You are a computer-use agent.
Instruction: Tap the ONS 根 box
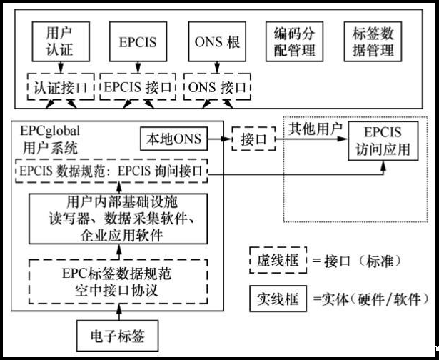pos(217,42)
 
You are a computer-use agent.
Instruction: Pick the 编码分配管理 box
pos(295,42)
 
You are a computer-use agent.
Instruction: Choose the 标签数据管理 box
pos(373,42)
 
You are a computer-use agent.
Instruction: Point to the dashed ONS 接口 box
pos(217,88)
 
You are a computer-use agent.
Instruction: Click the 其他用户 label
pos(315,129)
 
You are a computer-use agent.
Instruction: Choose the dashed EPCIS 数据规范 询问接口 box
pos(111,171)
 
